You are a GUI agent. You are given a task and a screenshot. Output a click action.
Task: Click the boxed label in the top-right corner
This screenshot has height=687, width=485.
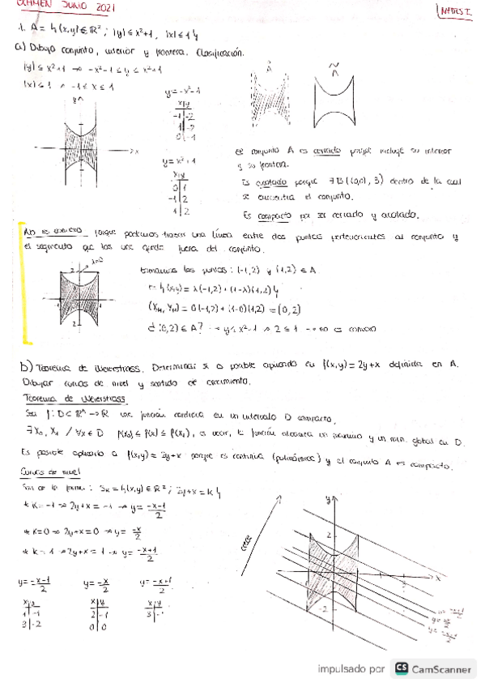[x=458, y=11]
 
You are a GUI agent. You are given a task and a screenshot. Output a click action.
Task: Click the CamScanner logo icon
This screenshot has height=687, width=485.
[x=402, y=668]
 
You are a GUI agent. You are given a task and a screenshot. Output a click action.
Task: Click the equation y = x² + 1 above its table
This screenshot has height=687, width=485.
[x=181, y=160]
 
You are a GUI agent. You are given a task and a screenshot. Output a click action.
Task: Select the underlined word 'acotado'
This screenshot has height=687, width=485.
[x=261, y=182]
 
